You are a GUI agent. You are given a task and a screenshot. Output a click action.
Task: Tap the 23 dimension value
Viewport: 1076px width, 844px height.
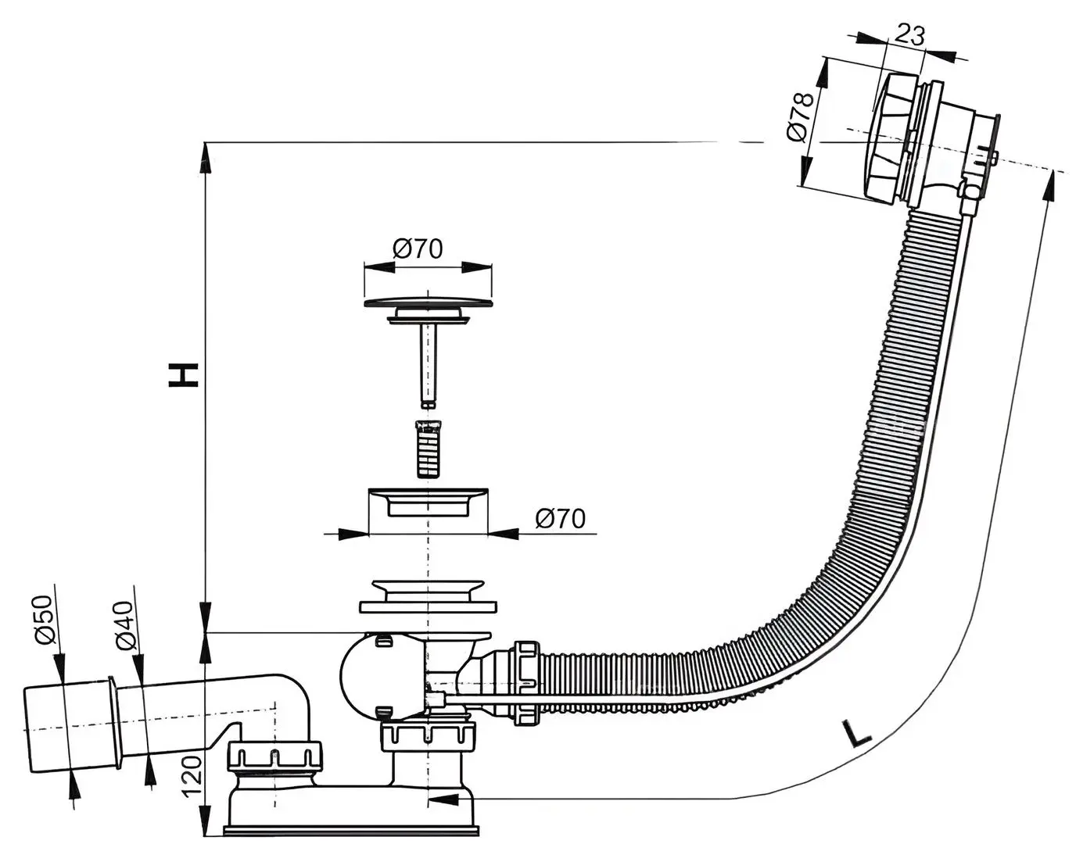(910, 35)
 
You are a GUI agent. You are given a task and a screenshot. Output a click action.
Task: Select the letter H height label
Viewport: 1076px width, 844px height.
(184, 375)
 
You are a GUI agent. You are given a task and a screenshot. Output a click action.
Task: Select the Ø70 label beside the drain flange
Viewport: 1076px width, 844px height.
(560, 518)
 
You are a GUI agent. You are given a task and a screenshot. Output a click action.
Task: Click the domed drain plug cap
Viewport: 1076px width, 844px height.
(429, 302)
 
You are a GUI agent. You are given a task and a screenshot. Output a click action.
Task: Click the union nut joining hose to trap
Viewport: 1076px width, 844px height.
(525, 683)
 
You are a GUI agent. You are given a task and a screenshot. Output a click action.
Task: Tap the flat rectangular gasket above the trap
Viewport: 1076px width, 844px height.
(428, 607)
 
